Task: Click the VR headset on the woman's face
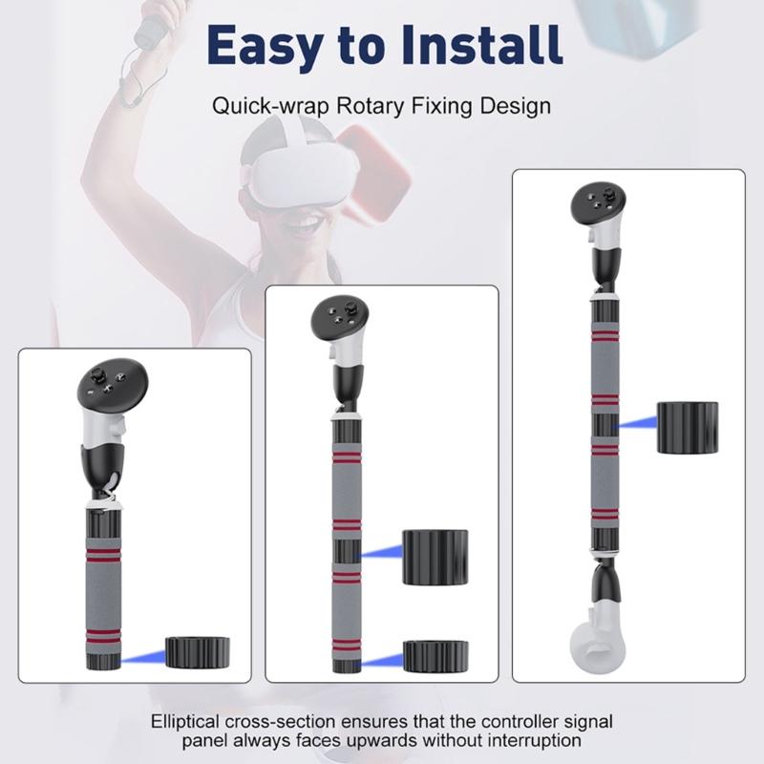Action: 297,177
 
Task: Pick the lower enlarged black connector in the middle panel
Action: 435,655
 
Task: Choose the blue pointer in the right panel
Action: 636,422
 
